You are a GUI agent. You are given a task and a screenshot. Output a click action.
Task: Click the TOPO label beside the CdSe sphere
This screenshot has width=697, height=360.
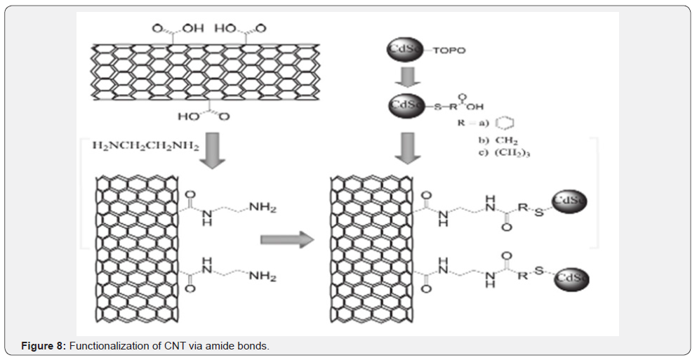tap(451, 51)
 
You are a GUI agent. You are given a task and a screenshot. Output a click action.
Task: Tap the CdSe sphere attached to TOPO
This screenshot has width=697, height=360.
tap(402, 51)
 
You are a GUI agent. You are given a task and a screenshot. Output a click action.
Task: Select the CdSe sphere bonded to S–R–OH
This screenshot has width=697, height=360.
tap(403, 105)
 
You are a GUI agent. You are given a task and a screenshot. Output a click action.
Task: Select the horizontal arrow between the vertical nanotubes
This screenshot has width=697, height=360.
tap(286, 240)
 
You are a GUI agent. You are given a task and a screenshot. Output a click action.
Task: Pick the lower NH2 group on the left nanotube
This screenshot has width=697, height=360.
tap(262, 276)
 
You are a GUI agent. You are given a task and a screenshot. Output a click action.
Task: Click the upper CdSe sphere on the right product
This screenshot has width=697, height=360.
tap(569, 201)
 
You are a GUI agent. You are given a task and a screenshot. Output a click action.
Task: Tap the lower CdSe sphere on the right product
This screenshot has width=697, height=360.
tap(570, 279)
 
